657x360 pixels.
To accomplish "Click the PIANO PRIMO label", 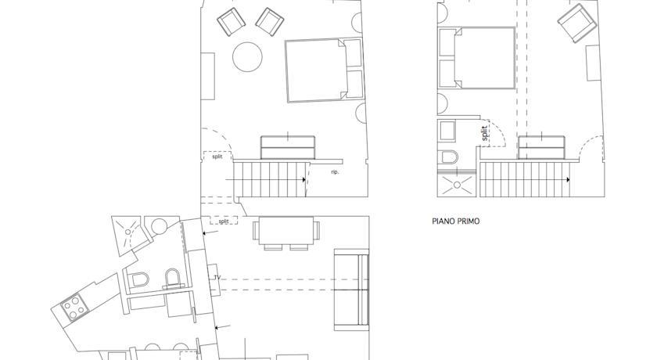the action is click(455, 221).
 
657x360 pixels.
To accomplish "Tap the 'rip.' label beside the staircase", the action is click(335, 172).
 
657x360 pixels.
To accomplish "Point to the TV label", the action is click(217, 278).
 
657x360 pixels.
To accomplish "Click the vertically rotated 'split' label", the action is click(485, 133).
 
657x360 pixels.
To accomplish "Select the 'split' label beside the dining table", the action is click(224, 221).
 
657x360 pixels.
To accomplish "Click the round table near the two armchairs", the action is click(247, 57).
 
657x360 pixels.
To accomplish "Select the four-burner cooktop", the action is click(74, 308).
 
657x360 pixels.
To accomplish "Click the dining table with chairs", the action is click(286, 232).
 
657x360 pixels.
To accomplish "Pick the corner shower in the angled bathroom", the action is click(127, 236).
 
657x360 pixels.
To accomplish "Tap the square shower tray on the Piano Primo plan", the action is click(456, 185).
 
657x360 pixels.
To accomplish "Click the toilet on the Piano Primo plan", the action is click(448, 157).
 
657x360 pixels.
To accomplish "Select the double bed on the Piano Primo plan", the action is click(476, 58).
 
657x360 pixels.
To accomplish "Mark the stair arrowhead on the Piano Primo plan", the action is click(568, 180).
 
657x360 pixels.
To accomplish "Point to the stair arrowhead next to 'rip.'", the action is click(303, 180).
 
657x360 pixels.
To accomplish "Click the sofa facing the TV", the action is click(351, 289).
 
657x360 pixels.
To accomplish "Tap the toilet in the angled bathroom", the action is click(138, 280).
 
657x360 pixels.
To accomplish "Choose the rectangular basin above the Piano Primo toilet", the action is click(447, 131).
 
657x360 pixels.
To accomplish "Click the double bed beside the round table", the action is click(324, 70).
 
